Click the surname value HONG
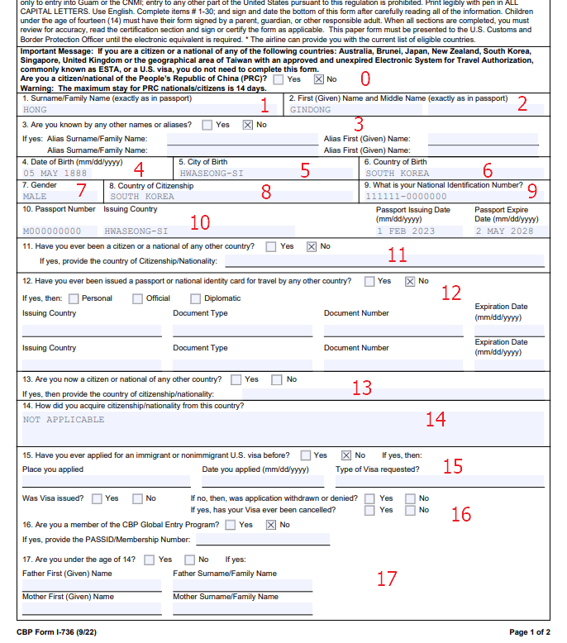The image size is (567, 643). click(x=36, y=109)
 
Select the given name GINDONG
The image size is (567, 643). click(x=312, y=109)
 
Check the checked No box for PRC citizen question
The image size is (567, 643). click(x=319, y=79)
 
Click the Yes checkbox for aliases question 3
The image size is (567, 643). click(x=206, y=125)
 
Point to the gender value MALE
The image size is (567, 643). click(x=36, y=197)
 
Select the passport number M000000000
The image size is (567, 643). click(x=52, y=231)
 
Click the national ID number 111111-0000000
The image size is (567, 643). click(x=406, y=197)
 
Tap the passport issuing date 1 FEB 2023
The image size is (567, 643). click(x=405, y=231)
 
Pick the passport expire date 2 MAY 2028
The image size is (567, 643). click(x=506, y=231)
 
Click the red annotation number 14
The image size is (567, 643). click(x=436, y=420)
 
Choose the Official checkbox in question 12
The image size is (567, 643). click(x=137, y=298)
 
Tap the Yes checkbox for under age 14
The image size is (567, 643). click(x=149, y=560)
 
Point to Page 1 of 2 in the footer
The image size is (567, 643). click(x=529, y=632)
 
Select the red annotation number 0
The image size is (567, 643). click(x=365, y=79)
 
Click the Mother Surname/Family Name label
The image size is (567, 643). click(x=225, y=597)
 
